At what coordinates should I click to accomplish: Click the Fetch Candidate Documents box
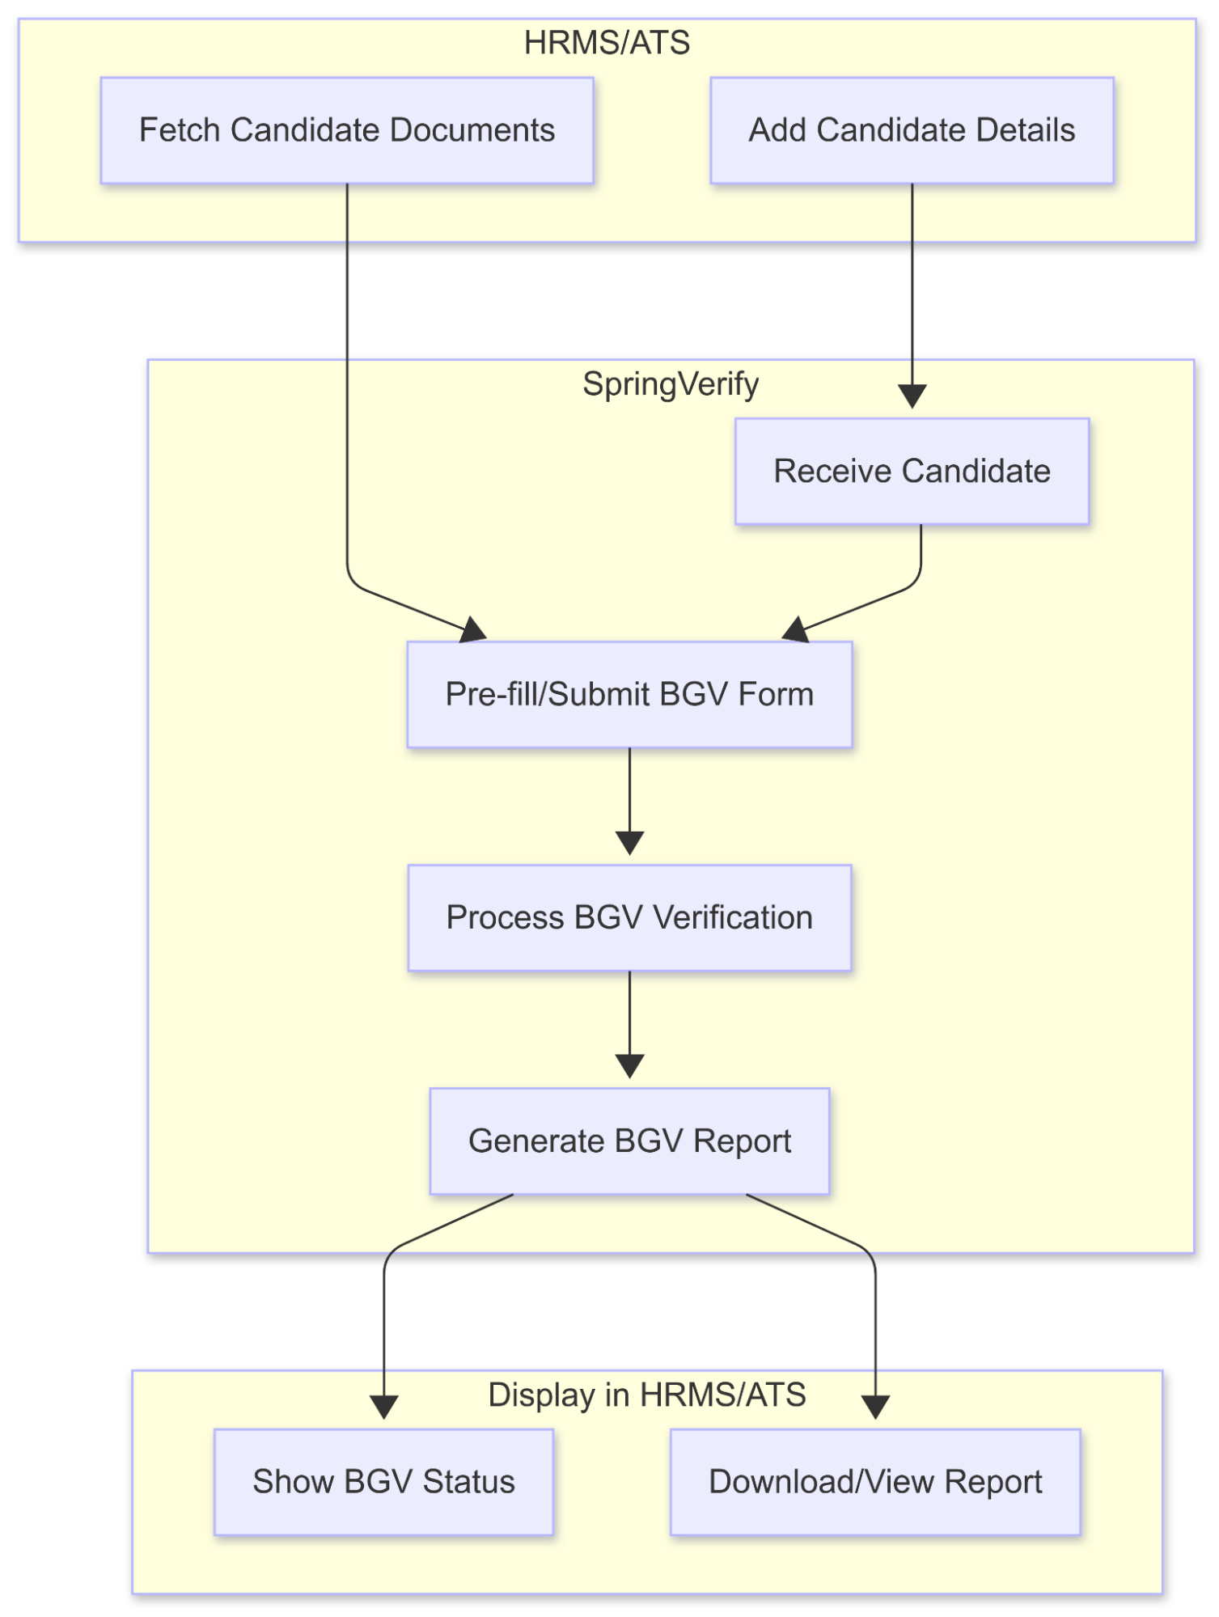(x=347, y=130)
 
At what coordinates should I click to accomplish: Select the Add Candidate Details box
(x=912, y=130)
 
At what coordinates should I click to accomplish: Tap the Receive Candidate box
(x=912, y=471)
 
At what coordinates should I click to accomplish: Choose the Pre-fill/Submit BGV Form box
(x=629, y=694)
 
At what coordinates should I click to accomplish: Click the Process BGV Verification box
(x=629, y=917)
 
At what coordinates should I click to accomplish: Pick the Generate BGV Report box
(x=629, y=1141)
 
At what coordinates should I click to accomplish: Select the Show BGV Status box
(x=383, y=1481)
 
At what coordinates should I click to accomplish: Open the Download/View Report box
(x=875, y=1481)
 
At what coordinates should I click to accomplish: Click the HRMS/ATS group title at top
(x=607, y=43)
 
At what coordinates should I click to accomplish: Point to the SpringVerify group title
(x=671, y=383)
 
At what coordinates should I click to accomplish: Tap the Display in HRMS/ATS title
(x=647, y=1395)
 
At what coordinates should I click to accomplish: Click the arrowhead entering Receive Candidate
(x=912, y=396)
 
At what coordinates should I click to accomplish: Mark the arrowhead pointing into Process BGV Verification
(x=629, y=843)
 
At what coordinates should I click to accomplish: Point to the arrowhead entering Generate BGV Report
(x=629, y=1066)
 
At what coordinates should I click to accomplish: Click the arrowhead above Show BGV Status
(x=383, y=1407)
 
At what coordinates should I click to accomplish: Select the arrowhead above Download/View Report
(x=875, y=1407)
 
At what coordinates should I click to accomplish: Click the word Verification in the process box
(x=732, y=917)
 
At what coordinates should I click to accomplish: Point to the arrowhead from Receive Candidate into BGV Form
(x=795, y=630)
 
